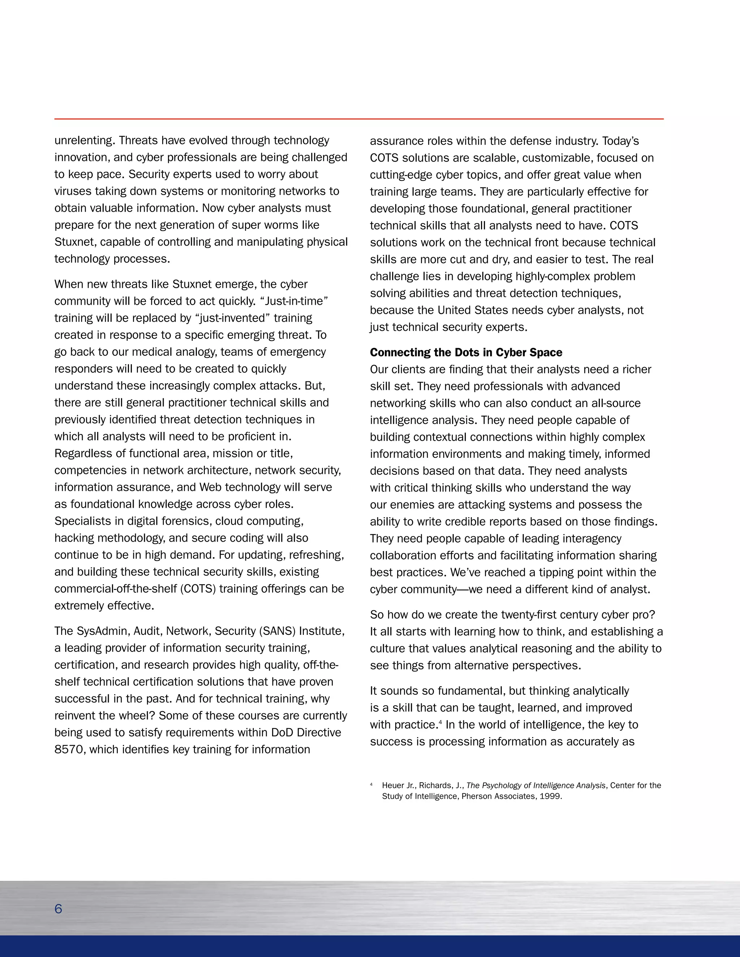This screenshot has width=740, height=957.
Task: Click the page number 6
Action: point(58,909)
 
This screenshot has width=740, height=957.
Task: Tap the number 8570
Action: point(70,749)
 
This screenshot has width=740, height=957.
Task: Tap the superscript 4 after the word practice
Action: point(440,722)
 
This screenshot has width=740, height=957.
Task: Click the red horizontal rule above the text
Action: point(358,119)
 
